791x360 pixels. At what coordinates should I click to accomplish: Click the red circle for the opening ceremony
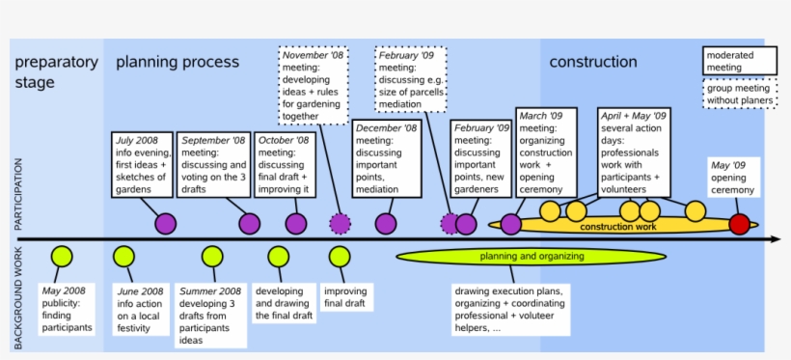739,225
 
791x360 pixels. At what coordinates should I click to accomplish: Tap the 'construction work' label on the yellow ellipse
617,227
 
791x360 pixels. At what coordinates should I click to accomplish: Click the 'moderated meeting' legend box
739,61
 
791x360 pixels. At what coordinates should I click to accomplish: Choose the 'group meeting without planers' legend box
739,95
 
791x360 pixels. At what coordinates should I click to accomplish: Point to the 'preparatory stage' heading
56,72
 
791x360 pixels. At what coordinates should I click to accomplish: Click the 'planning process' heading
177,63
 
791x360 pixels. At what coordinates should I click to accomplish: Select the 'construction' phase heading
593,63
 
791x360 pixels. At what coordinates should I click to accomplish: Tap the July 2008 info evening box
142,164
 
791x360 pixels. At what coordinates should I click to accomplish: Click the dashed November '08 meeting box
314,85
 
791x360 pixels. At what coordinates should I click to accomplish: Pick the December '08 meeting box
386,158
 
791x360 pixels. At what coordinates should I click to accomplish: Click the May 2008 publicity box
68,309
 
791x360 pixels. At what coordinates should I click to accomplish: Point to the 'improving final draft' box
345,297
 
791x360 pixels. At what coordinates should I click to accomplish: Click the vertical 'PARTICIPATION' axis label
18,193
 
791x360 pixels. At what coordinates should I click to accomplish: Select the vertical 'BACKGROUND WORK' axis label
18,297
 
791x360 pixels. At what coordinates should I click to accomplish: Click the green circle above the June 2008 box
123,257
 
